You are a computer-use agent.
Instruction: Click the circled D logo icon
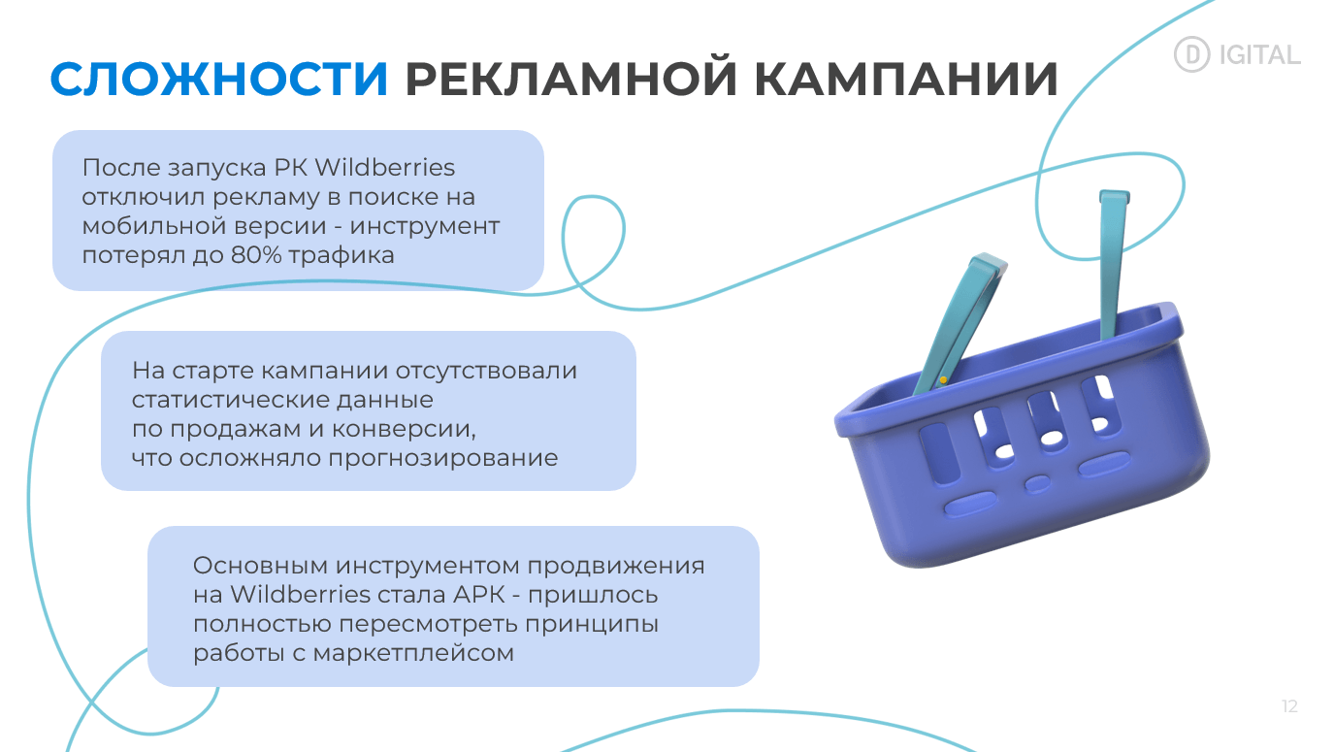tap(1191, 54)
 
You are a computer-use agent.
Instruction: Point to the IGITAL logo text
tap(1259, 55)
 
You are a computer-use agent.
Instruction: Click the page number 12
tap(1290, 706)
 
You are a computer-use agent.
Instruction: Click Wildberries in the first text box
tap(385, 168)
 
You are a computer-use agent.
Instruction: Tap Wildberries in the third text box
tap(301, 595)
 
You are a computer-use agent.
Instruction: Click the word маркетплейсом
tap(413, 653)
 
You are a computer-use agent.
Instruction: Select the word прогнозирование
tap(443, 458)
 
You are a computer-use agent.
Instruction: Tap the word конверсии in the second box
tap(404, 429)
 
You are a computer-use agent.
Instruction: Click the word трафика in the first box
tap(342, 256)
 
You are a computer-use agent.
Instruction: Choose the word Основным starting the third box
tap(260, 566)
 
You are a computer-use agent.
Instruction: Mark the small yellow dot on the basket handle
tap(943, 379)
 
